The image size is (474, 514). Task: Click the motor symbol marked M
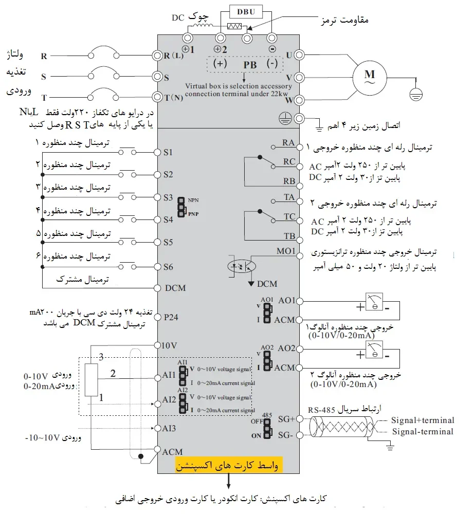370,76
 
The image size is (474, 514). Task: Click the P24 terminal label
171,317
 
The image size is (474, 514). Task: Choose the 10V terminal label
169,345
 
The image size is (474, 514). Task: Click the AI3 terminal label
170,428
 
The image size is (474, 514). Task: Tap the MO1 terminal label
286,251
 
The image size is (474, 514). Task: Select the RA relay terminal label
289,142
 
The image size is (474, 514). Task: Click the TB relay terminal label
289,236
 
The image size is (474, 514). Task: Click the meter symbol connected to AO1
375,301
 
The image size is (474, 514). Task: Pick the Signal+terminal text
423,420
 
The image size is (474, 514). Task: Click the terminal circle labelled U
298,54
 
